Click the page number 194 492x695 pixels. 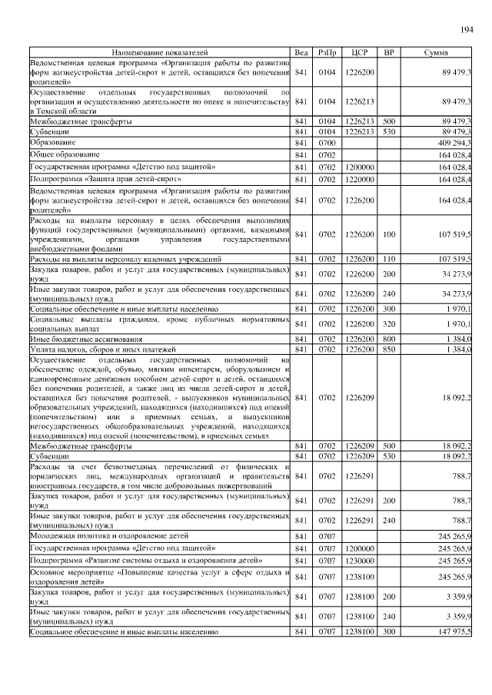pos(466,30)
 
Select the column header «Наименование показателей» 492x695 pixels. pos(159,52)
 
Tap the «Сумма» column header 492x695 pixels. pos(436,52)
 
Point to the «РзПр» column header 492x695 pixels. pos(327,52)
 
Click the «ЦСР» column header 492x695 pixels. pos(358,52)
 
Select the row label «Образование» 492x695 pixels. pos(53,143)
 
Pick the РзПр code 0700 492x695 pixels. pos(327,143)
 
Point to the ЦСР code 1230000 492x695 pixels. pos(358,561)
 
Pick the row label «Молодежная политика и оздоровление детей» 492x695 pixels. pos(107,535)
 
